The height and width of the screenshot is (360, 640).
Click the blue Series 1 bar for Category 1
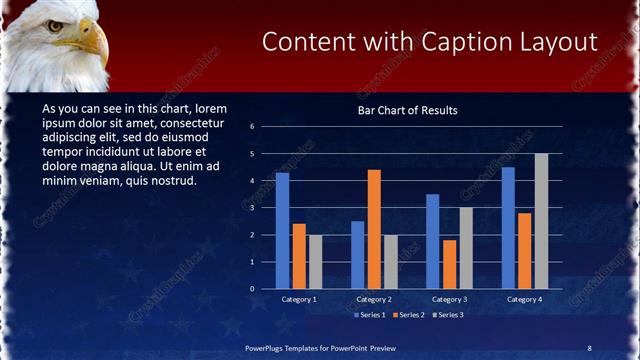pos(282,230)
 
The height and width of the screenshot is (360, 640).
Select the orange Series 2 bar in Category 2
pos(374,229)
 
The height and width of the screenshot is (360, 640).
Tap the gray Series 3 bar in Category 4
pos(541,221)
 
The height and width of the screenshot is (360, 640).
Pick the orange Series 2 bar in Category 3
pos(449,264)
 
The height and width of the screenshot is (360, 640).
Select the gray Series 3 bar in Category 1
pos(316,261)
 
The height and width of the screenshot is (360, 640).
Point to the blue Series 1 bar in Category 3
pos(432,241)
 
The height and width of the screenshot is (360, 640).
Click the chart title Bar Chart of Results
pos(407,110)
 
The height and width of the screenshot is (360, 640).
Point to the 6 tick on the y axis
pos(253,127)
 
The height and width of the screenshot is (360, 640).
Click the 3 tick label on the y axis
pos(253,208)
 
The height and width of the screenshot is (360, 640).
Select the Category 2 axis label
pos(374,299)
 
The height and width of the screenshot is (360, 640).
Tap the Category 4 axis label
pos(524,299)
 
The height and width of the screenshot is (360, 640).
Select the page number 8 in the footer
pos(589,347)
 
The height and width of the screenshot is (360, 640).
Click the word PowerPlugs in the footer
pos(268,347)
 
